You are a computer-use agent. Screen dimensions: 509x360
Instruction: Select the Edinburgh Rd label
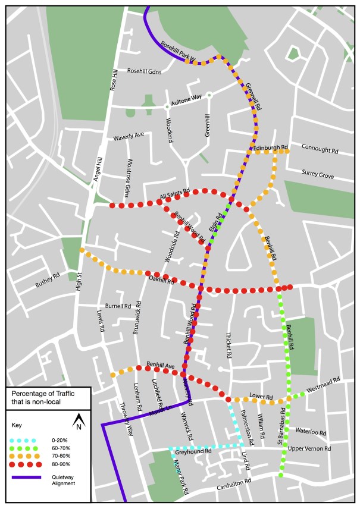coord(270,147)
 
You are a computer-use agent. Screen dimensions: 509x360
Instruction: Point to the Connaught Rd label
coord(320,147)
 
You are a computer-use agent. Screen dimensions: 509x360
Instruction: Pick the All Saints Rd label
coord(174,194)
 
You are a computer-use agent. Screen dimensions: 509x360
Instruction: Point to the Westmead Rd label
coord(323,385)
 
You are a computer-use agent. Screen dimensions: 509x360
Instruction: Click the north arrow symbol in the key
coord(79,423)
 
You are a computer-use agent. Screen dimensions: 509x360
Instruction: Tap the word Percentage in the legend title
coord(27,394)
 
